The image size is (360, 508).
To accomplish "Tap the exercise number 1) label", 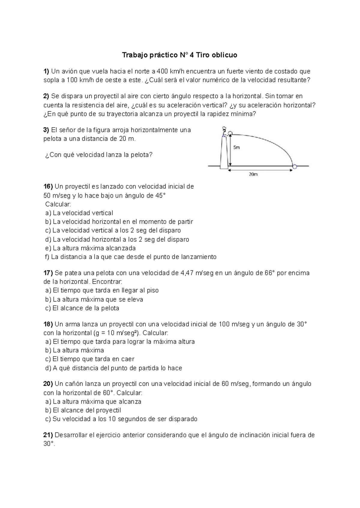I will pos(46,71).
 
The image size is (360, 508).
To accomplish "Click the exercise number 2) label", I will pos(46,96).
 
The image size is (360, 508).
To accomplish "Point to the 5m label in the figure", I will pos(236,148).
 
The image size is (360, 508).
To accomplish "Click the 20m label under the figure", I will pos(253,174).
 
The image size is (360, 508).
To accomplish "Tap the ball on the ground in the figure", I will pos(295,166).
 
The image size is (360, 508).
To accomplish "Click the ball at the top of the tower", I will pos(230,133).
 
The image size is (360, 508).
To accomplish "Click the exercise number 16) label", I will pos(48,187).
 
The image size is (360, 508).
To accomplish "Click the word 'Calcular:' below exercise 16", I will pos(58,204).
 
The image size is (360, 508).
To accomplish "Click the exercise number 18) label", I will pos(48,324).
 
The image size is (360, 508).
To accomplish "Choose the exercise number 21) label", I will pos(48,435).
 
